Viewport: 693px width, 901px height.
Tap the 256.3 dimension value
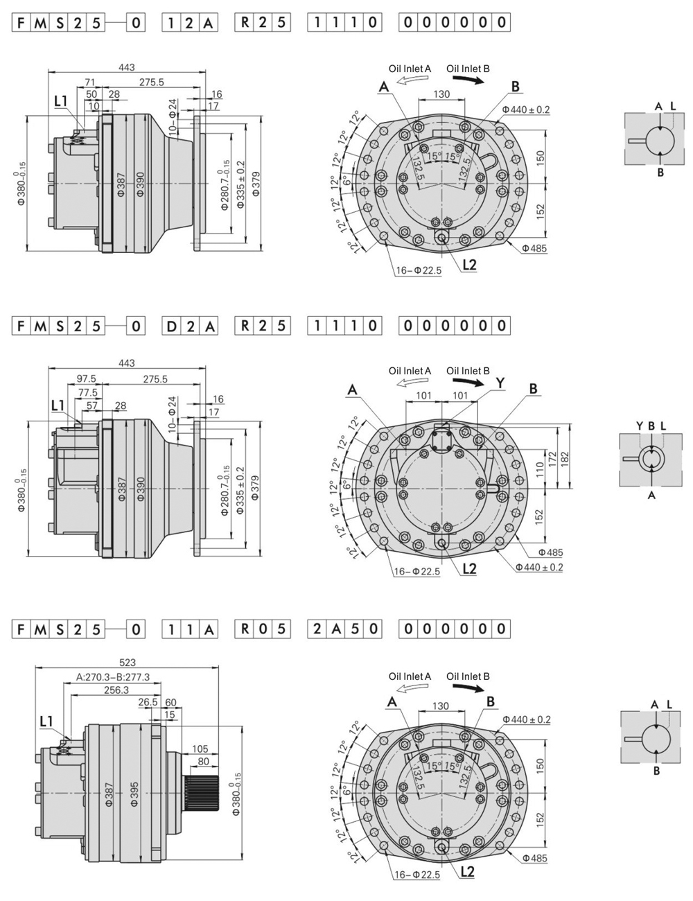coord(116,690)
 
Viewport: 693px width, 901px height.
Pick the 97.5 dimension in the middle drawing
coord(87,379)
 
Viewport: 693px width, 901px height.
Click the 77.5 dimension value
coord(87,392)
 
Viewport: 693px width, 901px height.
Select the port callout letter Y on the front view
coord(500,383)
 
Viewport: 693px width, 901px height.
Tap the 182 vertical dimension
coord(565,457)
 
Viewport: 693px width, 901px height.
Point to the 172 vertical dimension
coord(553,458)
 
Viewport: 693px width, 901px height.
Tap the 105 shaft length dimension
coord(200,749)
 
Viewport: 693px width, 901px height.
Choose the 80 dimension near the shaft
coord(203,761)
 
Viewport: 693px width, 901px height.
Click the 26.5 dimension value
coord(148,702)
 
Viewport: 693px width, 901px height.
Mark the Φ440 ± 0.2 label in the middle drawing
coord(538,567)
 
